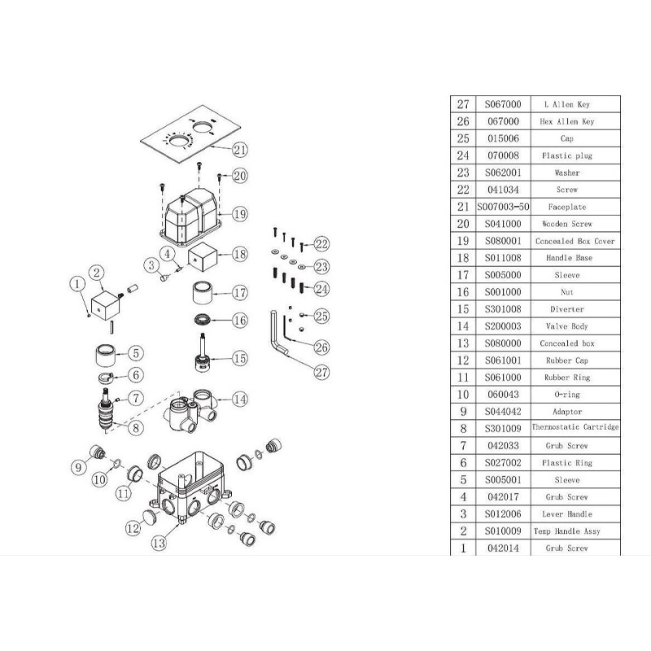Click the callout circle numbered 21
(x=238, y=149)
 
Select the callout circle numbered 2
(x=97, y=273)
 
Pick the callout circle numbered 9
(x=79, y=467)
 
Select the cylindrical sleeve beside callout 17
(x=203, y=291)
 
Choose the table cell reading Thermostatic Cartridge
(x=575, y=428)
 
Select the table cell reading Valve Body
(x=575, y=325)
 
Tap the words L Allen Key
(x=575, y=105)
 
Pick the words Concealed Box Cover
(x=575, y=241)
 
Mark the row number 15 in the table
(x=464, y=308)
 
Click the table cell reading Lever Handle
(x=575, y=513)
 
